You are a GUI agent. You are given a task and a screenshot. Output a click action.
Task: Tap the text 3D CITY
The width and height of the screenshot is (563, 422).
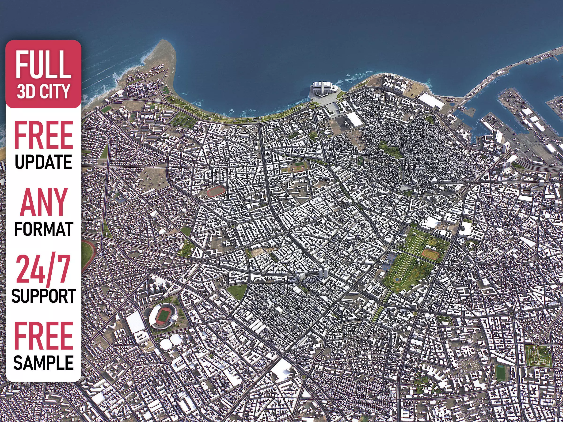coord(43,92)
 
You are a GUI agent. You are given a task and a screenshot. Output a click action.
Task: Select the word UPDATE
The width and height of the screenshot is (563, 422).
coord(43,162)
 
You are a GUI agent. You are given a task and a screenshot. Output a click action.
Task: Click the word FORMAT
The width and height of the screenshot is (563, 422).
coord(43,229)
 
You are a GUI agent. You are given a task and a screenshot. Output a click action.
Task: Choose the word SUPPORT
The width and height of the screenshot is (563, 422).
coord(43,296)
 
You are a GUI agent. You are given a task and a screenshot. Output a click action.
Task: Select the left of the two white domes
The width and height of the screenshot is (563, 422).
coord(166,344)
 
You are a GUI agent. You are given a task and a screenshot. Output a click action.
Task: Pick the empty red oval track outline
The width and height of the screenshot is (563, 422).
coord(216,191)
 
